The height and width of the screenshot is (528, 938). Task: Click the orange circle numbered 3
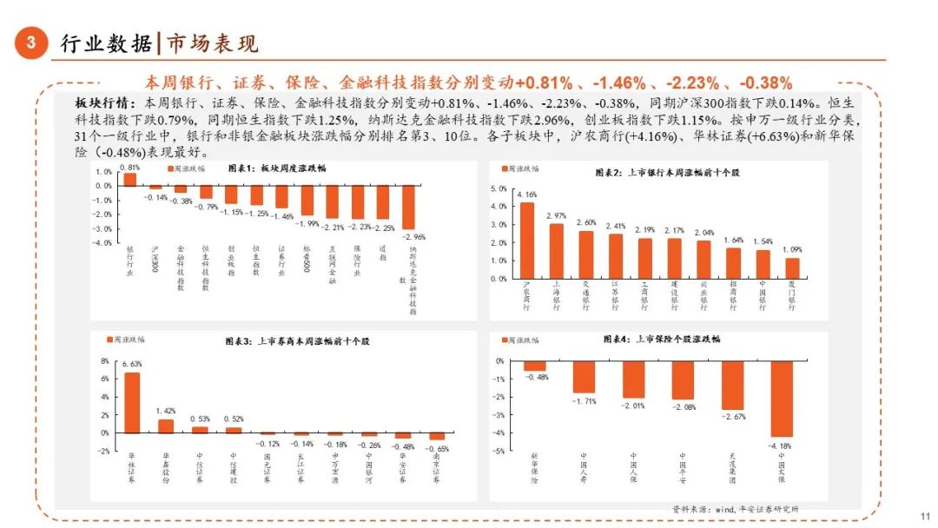[x=31, y=43]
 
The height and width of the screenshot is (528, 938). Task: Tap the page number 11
[x=924, y=514]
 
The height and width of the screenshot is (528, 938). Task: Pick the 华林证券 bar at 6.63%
[x=132, y=402]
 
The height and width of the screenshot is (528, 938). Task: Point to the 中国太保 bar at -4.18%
[x=782, y=399]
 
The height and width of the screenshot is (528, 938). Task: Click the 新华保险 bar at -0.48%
[x=534, y=366]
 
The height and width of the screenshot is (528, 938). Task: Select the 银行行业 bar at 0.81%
[x=130, y=179]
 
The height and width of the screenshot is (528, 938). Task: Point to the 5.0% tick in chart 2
[x=499, y=188]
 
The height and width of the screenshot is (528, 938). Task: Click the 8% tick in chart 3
[x=105, y=361]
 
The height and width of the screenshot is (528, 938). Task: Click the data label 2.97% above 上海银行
[x=557, y=214]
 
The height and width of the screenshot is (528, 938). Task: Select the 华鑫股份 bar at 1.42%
[x=165, y=426]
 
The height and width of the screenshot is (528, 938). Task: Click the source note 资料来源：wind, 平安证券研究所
[x=735, y=508]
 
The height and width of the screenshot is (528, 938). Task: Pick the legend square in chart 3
[x=110, y=340]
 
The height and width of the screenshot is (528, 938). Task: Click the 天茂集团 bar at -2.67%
[x=732, y=385]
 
